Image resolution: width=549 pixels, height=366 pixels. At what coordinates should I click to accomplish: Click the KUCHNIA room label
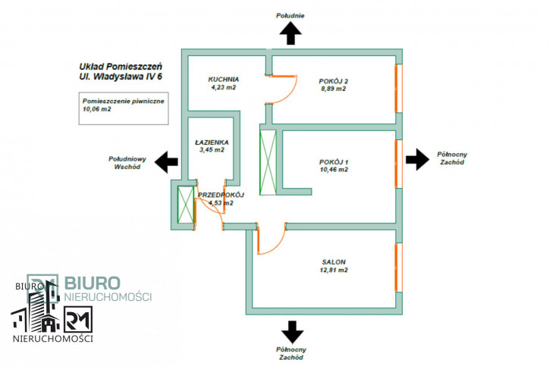pos(224,80)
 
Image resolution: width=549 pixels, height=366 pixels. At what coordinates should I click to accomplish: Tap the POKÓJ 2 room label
pos(334,81)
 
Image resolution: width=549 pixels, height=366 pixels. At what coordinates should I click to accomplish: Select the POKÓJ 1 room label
pos(334,162)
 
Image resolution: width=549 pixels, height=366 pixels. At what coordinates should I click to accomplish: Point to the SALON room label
pos(334,262)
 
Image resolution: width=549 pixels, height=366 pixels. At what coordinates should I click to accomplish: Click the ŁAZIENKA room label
pos(212,142)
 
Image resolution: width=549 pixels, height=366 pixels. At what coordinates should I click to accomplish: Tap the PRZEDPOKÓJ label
pos(221,195)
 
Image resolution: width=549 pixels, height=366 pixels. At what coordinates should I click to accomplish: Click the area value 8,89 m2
pos(334,89)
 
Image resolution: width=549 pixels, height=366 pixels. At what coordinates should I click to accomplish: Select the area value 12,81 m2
pos(334,270)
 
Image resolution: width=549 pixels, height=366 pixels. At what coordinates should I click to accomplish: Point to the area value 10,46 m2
pos(334,170)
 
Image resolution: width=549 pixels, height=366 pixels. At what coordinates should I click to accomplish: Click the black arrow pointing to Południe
pos(290,33)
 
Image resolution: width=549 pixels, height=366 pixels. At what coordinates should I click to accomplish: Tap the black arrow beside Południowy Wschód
pos(166,162)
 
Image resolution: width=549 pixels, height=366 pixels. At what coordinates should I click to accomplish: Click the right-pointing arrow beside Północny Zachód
pos(417,159)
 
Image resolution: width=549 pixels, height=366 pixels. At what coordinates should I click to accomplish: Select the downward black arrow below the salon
pos(293,332)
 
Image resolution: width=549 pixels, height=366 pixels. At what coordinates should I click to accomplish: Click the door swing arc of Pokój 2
pos(292,94)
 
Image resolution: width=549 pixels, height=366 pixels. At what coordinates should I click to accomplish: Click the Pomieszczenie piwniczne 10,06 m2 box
pos(124,108)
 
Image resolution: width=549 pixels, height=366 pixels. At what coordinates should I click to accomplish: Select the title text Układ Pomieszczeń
pos(121,67)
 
